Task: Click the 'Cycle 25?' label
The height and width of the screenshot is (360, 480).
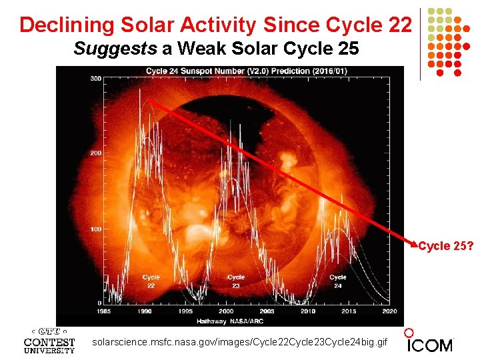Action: [x=446, y=246]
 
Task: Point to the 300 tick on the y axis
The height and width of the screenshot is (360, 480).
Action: [x=96, y=79]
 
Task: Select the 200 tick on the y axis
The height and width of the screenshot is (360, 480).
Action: [x=96, y=153]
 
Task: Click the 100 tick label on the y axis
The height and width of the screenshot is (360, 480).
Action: [x=96, y=229]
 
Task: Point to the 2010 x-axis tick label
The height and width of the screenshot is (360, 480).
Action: [x=308, y=311]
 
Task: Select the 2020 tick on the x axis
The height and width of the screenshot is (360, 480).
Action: [x=389, y=311]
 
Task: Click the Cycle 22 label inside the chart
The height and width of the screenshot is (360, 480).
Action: [x=151, y=281]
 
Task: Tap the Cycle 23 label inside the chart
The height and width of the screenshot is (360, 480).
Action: [x=235, y=281]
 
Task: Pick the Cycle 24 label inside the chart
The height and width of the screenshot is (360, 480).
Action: [x=338, y=281]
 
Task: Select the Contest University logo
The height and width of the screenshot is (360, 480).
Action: [x=49, y=341]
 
